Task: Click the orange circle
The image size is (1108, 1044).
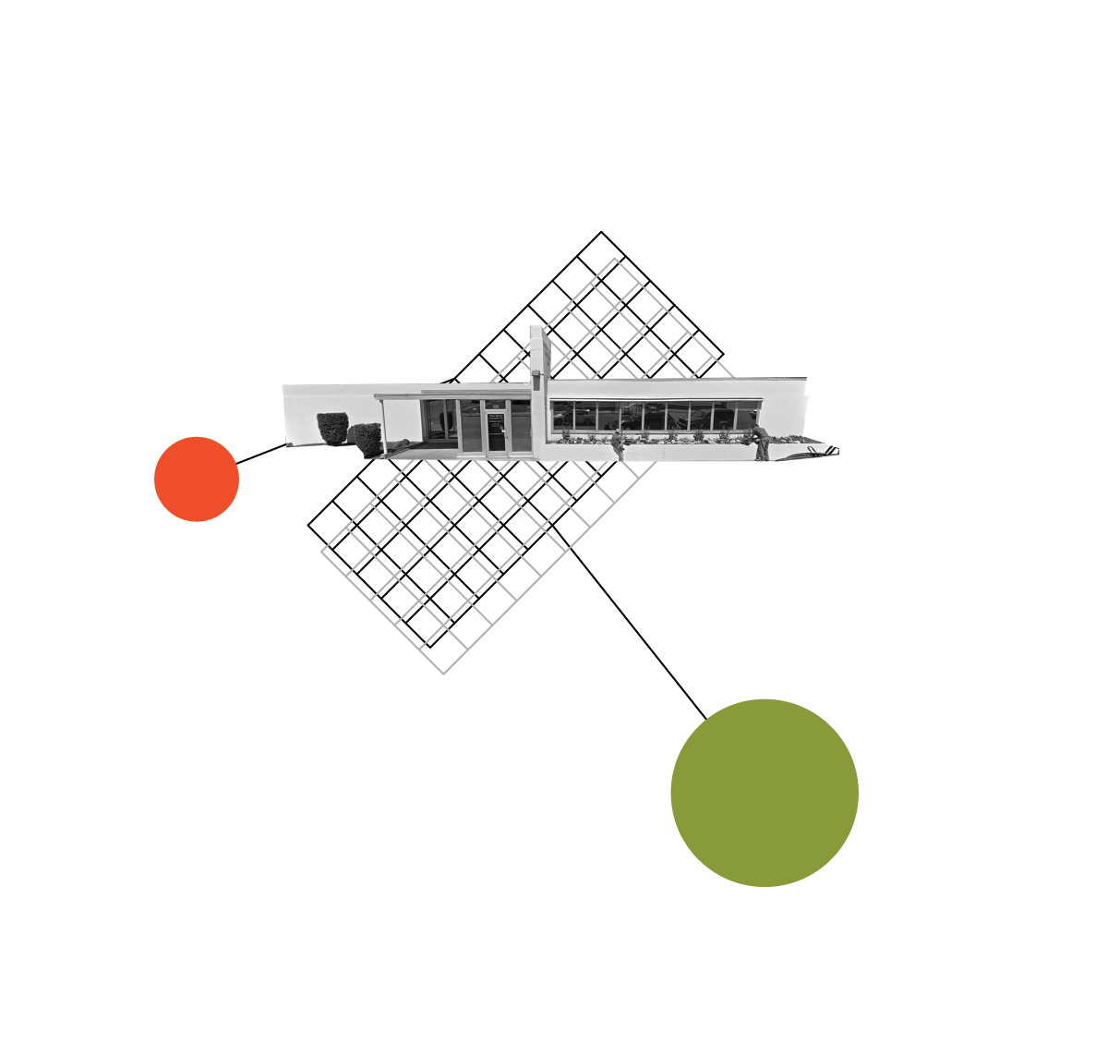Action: pos(197,479)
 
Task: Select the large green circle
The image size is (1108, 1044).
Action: pos(765,793)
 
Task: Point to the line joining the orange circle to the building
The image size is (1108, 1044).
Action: pos(262,454)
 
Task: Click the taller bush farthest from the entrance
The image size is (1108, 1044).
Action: pos(332,428)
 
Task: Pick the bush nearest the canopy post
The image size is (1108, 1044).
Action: pos(367,438)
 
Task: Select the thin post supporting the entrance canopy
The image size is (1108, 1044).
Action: pos(383,428)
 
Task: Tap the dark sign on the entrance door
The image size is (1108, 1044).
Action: pos(496,419)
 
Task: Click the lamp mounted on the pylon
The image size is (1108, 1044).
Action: pos(535,373)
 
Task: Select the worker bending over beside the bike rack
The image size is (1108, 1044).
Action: pos(761,442)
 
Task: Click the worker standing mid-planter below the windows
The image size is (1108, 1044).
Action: pos(618,443)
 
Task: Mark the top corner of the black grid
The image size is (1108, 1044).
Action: pos(601,232)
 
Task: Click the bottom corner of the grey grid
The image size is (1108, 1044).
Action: pos(444,673)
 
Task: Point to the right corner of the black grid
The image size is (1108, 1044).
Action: pos(723,355)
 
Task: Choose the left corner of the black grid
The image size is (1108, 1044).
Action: pos(308,525)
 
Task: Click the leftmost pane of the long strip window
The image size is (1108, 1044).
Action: pos(562,416)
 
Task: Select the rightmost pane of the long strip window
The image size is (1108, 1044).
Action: pos(747,415)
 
